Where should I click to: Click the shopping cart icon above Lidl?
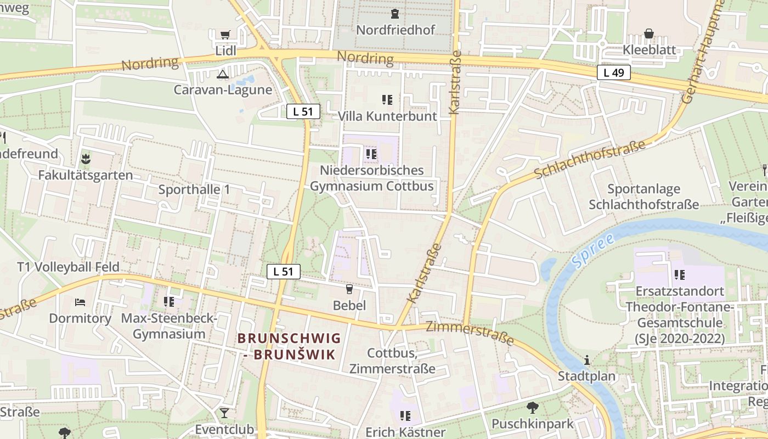pyautogui.click(x=225, y=35)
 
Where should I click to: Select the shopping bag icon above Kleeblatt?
pyautogui.click(x=649, y=34)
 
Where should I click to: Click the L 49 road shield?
pyautogui.click(x=614, y=72)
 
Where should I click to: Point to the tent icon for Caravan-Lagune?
pyautogui.click(x=222, y=74)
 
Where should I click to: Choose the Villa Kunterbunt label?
pyautogui.click(x=387, y=116)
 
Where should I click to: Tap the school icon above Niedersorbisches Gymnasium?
pyautogui.click(x=371, y=154)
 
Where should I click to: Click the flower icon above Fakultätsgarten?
pyautogui.click(x=85, y=160)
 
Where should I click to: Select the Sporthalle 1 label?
pyautogui.click(x=194, y=190)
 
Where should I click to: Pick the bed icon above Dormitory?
pyautogui.click(x=80, y=302)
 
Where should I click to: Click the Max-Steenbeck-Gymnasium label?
pyautogui.click(x=170, y=326)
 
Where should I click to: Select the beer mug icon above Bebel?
pyautogui.click(x=349, y=289)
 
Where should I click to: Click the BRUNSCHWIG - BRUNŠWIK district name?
pyautogui.click(x=289, y=346)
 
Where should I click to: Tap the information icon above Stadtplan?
pyautogui.click(x=587, y=361)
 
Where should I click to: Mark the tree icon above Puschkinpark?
pyautogui.click(x=532, y=408)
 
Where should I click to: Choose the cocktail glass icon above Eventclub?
pyautogui.click(x=224, y=413)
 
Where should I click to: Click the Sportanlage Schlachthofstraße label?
pyautogui.click(x=643, y=197)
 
